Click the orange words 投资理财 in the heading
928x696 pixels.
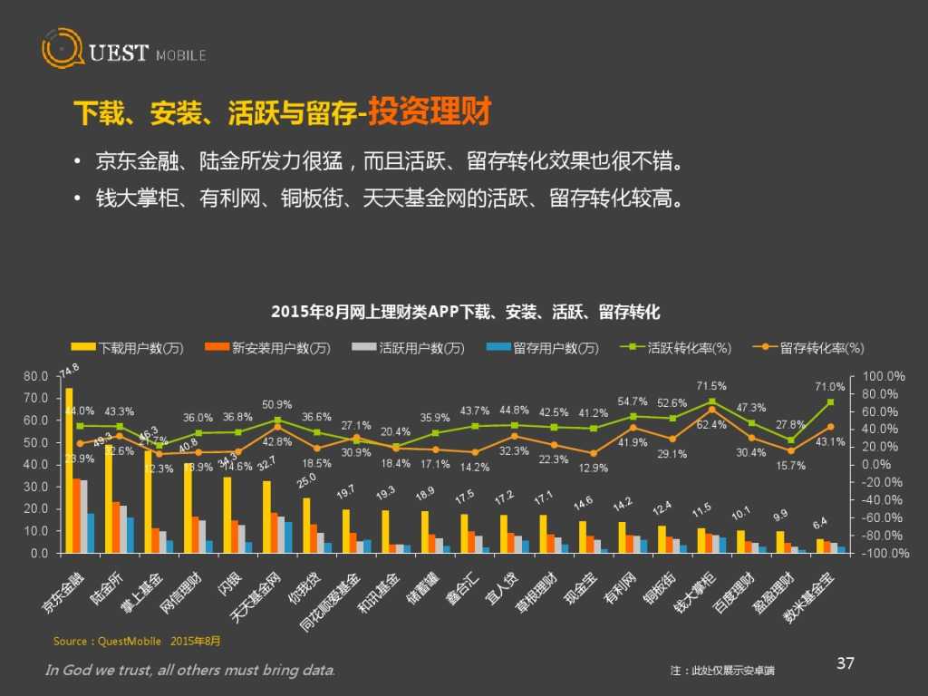coord(429,113)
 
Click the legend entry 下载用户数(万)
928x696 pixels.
coord(128,348)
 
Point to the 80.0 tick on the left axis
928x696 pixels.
coord(36,376)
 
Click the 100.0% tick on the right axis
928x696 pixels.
coord(883,376)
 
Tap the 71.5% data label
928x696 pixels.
coord(710,386)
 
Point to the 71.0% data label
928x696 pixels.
coord(829,387)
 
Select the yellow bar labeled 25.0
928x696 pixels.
coord(306,525)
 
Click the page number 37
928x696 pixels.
coord(845,663)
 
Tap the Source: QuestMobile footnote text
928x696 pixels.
coord(136,642)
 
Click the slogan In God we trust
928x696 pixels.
coord(190,670)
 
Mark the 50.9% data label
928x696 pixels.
coord(277,404)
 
